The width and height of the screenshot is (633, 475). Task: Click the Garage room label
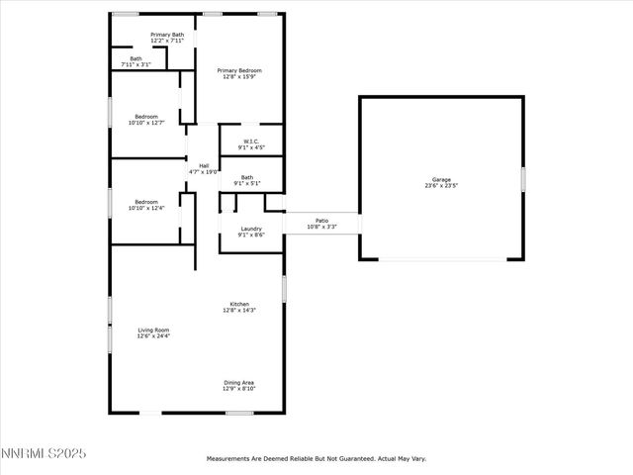(x=440, y=179)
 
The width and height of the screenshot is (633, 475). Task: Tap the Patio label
(x=321, y=221)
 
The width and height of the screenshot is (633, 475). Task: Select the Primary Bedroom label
(x=239, y=70)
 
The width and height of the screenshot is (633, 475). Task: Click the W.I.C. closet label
(x=251, y=142)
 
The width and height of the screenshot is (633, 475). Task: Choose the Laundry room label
(x=251, y=229)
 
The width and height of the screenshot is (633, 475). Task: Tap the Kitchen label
(x=239, y=304)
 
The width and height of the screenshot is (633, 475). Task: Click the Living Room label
(x=153, y=330)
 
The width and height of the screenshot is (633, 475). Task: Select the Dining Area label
(x=239, y=382)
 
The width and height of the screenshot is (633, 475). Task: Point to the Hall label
(x=204, y=165)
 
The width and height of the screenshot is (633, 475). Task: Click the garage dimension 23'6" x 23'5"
(x=440, y=185)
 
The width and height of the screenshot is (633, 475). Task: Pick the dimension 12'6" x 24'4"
(x=153, y=336)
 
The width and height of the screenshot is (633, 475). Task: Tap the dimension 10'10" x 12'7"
(x=146, y=123)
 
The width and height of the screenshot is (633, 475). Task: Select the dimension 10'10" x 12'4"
(x=146, y=208)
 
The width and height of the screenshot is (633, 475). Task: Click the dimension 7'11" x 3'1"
(x=136, y=65)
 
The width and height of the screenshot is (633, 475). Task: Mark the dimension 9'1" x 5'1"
(x=246, y=183)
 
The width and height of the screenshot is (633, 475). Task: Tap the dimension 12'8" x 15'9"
(x=239, y=77)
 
